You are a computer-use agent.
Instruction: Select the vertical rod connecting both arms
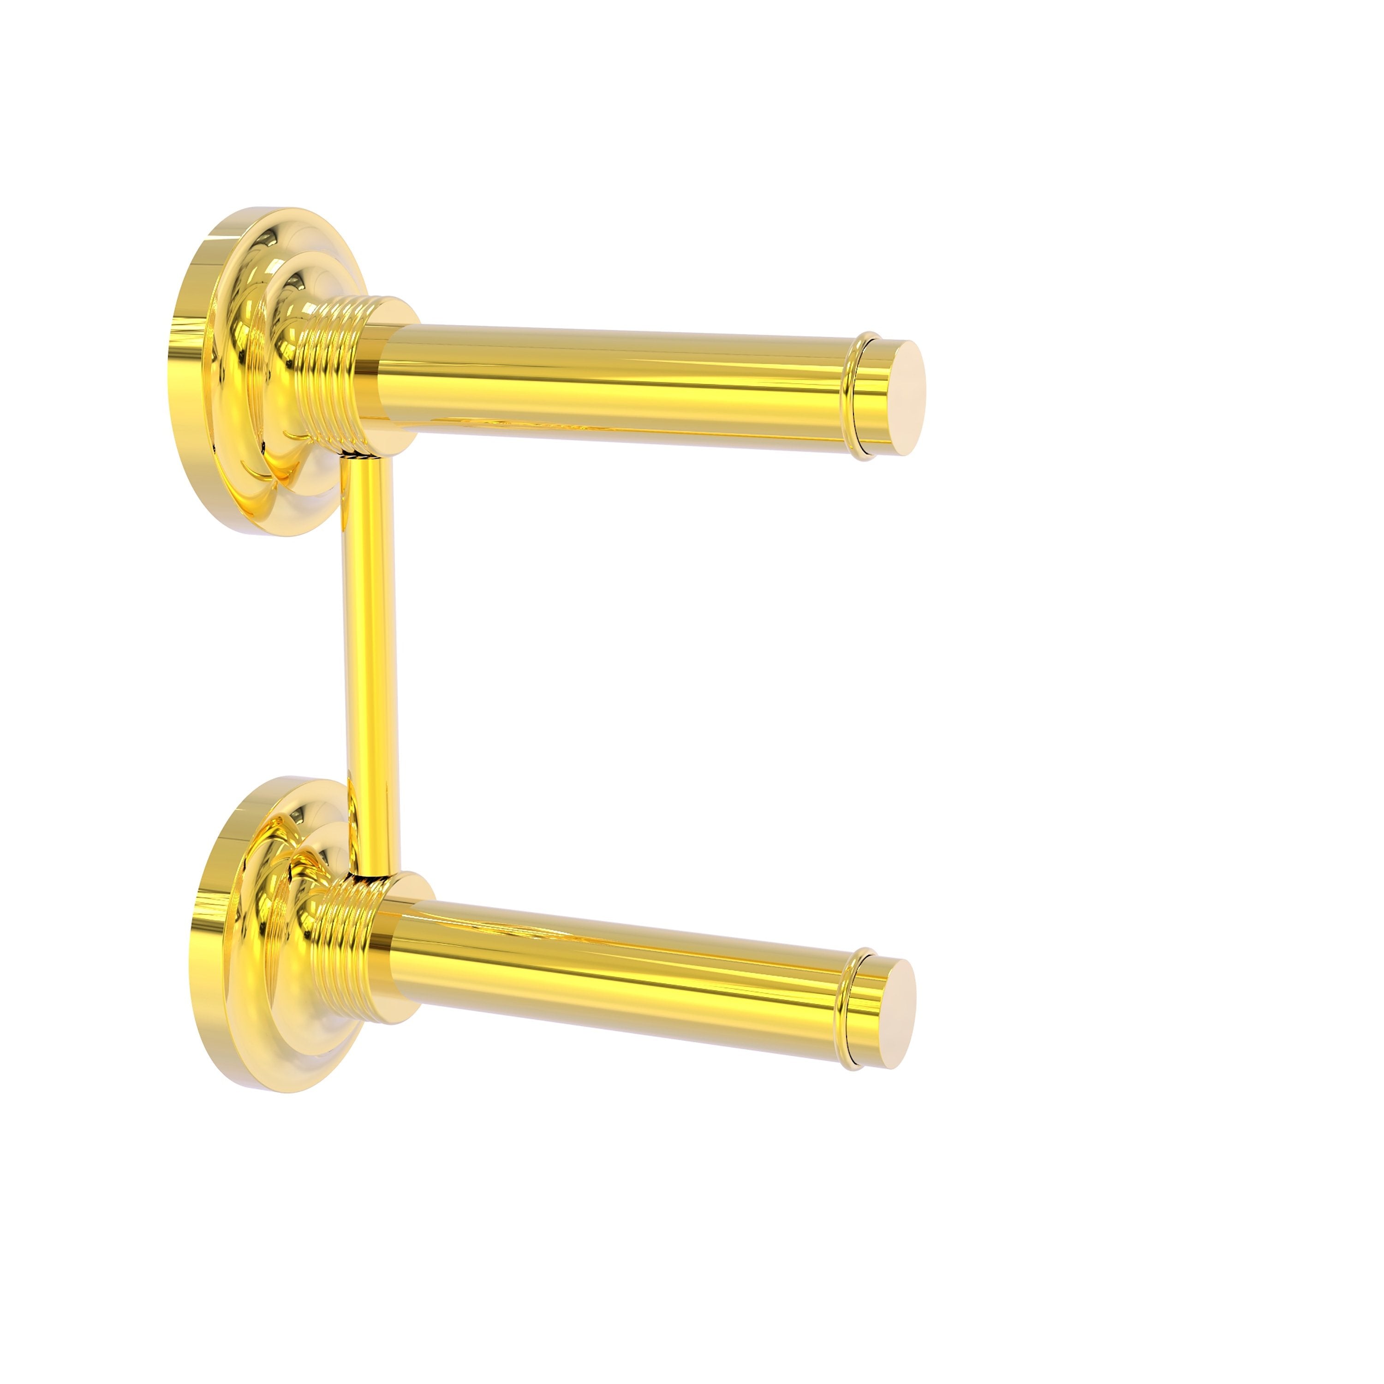click(371, 666)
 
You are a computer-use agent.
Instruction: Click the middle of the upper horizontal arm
click(616, 387)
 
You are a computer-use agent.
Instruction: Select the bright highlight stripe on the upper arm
click(616, 358)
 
